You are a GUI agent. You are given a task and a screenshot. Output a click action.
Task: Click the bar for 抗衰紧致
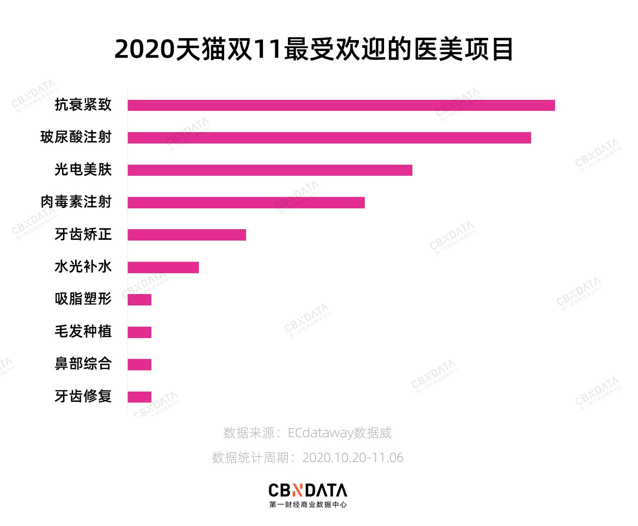tap(341, 105)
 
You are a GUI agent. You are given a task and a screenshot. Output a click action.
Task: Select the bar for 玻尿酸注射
tap(329, 138)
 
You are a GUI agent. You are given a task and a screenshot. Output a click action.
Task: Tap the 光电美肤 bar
tap(270, 170)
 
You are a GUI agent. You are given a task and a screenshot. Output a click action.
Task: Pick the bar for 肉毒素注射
tap(246, 202)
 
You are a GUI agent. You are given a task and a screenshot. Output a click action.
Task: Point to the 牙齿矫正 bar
tap(187, 235)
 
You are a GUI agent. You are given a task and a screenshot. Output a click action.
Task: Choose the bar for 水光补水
tap(163, 267)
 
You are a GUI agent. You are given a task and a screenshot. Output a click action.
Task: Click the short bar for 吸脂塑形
tap(140, 300)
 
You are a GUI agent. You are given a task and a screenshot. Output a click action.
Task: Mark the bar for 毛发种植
tap(140, 332)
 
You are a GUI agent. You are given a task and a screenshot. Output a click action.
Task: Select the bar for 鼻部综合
tap(140, 364)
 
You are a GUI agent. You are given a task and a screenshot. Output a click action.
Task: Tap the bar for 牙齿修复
tap(140, 397)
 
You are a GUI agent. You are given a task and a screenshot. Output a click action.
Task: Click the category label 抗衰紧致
tap(83, 105)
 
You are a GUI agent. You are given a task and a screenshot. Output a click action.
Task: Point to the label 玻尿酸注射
tap(76, 137)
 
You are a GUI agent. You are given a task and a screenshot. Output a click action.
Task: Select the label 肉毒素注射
tap(76, 202)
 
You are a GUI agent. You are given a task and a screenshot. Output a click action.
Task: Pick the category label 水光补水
tap(83, 267)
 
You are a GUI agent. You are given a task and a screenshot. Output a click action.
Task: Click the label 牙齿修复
tap(83, 396)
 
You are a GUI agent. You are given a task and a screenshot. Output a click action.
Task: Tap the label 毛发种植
tap(83, 331)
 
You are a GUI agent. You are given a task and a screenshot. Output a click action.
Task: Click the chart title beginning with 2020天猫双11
tap(314, 50)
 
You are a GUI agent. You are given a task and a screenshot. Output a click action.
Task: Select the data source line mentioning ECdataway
tap(307, 433)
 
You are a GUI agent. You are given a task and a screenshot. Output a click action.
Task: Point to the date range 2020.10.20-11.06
tap(353, 458)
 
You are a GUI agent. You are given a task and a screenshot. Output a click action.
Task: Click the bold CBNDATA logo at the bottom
tap(308, 490)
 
